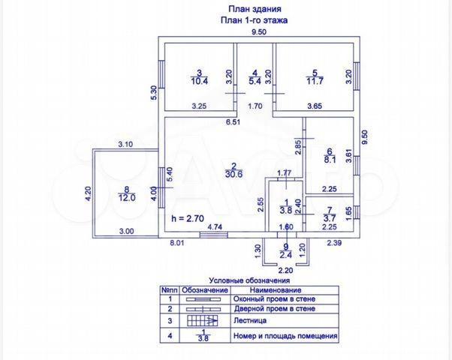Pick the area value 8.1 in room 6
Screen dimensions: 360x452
(x=329, y=159)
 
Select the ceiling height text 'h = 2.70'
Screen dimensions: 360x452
(x=188, y=218)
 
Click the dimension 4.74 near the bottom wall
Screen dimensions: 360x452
(x=214, y=225)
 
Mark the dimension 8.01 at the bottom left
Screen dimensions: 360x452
(x=176, y=242)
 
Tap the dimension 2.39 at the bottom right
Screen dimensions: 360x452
(x=334, y=241)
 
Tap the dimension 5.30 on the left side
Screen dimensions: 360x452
(x=153, y=92)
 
